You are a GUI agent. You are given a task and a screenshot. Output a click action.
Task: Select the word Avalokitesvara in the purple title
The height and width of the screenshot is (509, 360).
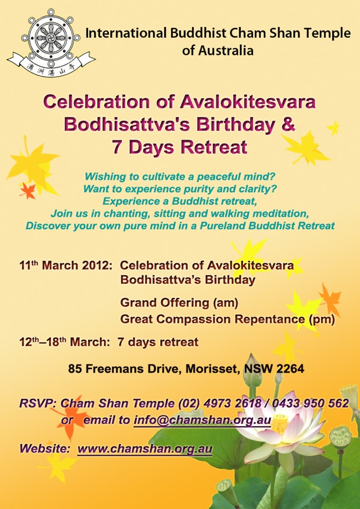click(248, 102)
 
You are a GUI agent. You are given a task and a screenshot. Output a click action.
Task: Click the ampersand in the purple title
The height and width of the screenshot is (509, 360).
click(287, 125)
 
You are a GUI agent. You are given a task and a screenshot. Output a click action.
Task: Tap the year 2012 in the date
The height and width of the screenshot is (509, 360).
click(97, 265)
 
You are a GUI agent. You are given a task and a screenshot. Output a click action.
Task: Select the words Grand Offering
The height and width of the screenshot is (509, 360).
click(165, 303)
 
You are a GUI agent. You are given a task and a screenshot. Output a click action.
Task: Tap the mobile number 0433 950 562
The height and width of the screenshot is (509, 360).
click(310, 403)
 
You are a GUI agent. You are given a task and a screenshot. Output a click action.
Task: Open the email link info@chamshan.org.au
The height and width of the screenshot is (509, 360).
click(202, 420)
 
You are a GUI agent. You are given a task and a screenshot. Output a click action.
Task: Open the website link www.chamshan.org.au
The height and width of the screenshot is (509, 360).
click(145, 449)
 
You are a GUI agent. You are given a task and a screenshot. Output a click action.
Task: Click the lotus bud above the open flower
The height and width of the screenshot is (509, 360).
click(253, 370)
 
